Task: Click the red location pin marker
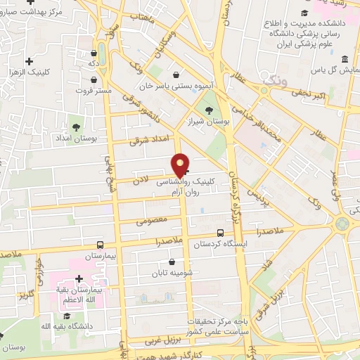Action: coord(181,166)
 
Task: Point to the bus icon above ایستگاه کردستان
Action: coord(221,232)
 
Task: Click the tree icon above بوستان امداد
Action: coord(76,127)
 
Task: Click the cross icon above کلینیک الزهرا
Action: coord(27,61)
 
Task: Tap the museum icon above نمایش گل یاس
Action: coord(344,59)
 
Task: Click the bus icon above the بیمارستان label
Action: coord(100,245)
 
